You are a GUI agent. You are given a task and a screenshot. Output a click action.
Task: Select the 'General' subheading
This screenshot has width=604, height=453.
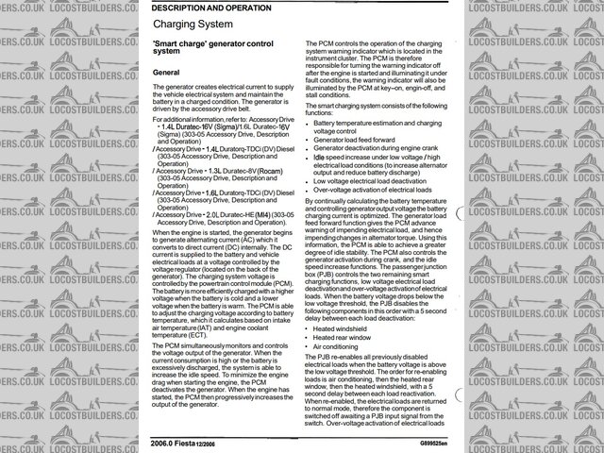tap(166, 72)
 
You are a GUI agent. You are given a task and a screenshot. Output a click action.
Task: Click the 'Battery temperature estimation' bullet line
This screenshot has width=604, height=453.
tap(377, 122)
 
